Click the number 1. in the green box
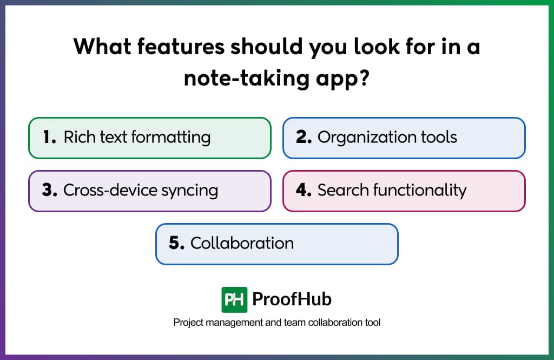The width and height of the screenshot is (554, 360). [x=49, y=137]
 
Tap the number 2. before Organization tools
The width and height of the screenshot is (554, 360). [x=304, y=137]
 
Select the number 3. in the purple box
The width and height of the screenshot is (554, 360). [x=49, y=190]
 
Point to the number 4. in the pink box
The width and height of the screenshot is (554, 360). [x=304, y=190]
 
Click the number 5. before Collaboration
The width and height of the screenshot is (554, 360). [x=177, y=243]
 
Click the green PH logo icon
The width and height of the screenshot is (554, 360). [x=234, y=299]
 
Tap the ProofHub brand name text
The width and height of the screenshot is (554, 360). [x=292, y=299]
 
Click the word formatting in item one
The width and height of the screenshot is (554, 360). [x=171, y=138]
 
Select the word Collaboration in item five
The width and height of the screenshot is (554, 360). [x=242, y=243]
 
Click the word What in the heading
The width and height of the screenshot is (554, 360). [x=102, y=47]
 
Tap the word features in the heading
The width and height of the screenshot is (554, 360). [x=181, y=47]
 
